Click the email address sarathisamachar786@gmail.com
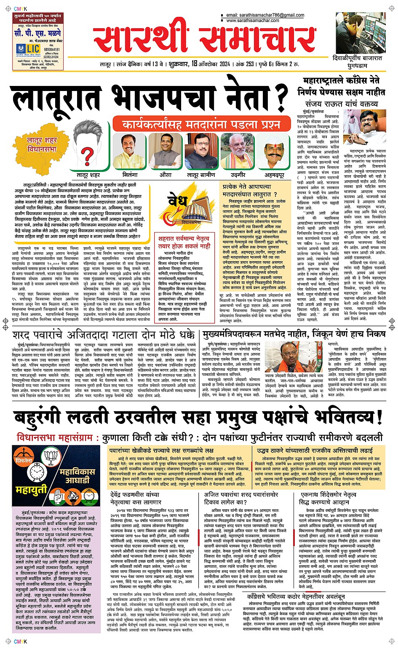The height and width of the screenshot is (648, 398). [x=265, y=15]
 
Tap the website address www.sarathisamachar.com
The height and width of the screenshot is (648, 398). [x=252, y=20]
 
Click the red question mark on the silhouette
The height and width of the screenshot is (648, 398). [x=87, y=155]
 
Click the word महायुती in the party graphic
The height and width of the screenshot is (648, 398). [x=32, y=490]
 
